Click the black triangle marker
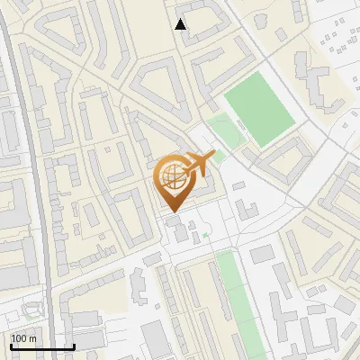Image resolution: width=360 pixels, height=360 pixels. coord(181,24)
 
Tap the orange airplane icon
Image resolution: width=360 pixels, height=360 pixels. coord(199,164)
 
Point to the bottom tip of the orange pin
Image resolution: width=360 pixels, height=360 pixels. coord(170,212)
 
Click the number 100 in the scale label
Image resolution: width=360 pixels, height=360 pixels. coord(20,337)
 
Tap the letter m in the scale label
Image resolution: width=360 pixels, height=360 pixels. coord(33,337)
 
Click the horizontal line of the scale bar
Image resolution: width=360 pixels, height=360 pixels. coord(41,346)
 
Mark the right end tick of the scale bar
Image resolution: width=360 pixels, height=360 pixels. coord(74,345)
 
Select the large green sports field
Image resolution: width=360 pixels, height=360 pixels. coord(259,107)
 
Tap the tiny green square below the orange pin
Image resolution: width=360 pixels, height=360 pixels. coord(205,236)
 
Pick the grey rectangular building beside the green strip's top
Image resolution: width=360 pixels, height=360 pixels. coord(262,254)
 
